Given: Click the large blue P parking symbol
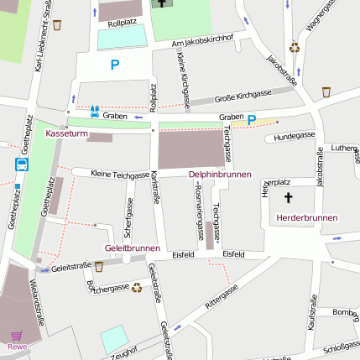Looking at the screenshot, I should pos(115,65).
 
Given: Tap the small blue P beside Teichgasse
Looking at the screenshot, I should pos(251,119).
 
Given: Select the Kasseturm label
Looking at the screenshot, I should pos(66,134).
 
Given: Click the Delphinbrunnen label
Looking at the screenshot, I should pos(220,174).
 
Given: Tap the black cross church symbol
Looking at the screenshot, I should pos(290,198).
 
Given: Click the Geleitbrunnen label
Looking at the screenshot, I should pos(132,248).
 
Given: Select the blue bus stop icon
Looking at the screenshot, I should pos(21,164).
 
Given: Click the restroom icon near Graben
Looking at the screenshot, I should pos(94,109).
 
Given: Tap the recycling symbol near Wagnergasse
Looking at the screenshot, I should pos(295,48).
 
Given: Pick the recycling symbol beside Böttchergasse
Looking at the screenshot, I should pos(136,288).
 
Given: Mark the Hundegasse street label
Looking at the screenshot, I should pos(294,134).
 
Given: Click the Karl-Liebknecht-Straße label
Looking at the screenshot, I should pos(39,46).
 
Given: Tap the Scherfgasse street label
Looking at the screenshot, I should pos(129,214).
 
